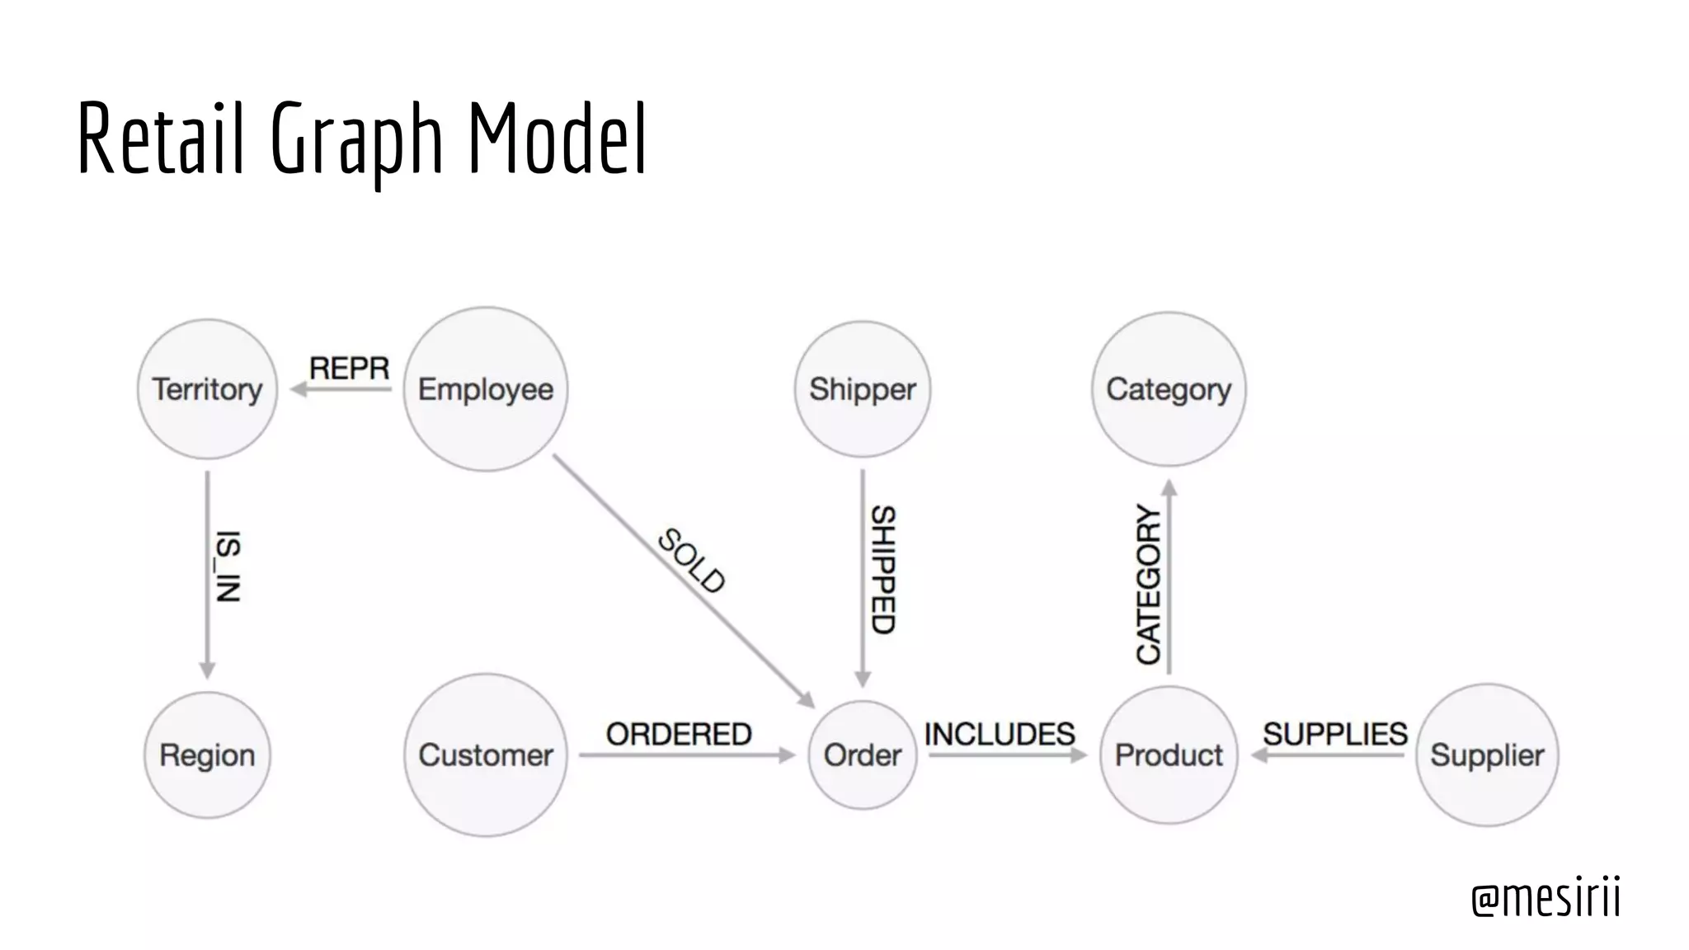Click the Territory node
pyautogui.click(x=207, y=389)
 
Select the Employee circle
pyautogui.click(x=486, y=389)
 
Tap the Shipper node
pyautogui.click(x=863, y=389)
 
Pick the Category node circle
pyautogui.click(x=1169, y=389)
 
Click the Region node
pyautogui.click(x=207, y=755)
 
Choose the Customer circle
pyautogui.click(x=486, y=755)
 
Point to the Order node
pyautogui.click(x=863, y=755)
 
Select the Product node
pyautogui.click(x=1169, y=755)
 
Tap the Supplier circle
pyautogui.click(x=1487, y=755)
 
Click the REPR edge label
pyautogui.click(x=349, y=368)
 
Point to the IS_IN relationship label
pyautogui.click(x=228, y=567)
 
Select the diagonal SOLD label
pyautogui.click(x=691, y=561)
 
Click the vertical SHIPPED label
pyautogui.click(x=883, y=570)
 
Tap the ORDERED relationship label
pyautogui.click(x=679, y=734)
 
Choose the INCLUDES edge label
pyautogui.click(x=1000, y=734)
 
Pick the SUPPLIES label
pyautogui.click(x=1335, y=734)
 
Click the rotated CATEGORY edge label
pyautogui.click(x=1148, y=585)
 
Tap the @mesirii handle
pyautogui.click(x=1546, y=897)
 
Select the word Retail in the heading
pyautogui.click(x=161, y=139)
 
